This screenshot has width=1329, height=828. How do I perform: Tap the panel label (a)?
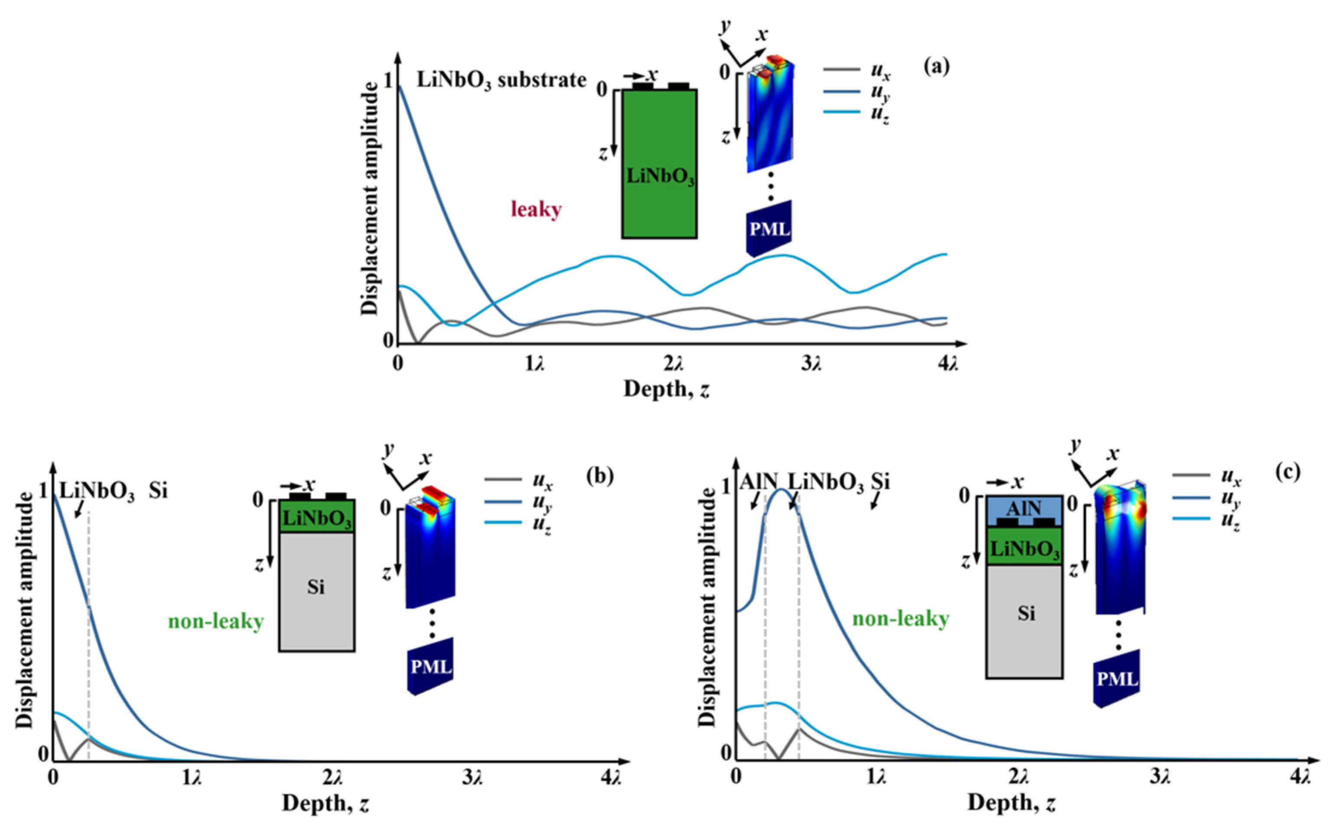[936, 66]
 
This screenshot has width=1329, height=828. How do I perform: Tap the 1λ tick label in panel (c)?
[877, 778]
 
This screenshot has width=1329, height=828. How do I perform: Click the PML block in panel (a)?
[769, 228]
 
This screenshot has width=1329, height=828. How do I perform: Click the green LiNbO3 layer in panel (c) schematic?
[1023, 548]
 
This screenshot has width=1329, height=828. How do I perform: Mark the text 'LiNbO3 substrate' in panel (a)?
[501, 81]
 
